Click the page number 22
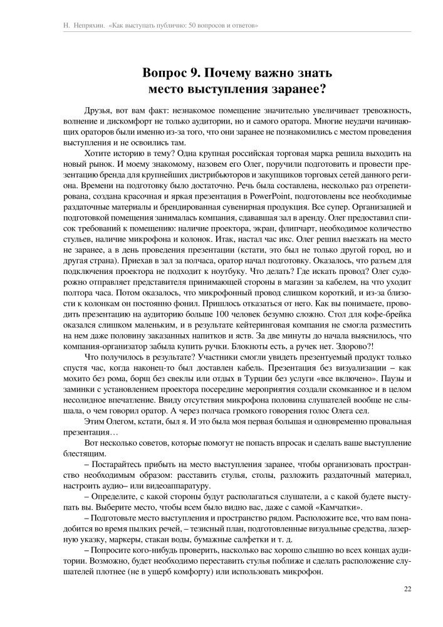click(x=407, y=606)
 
